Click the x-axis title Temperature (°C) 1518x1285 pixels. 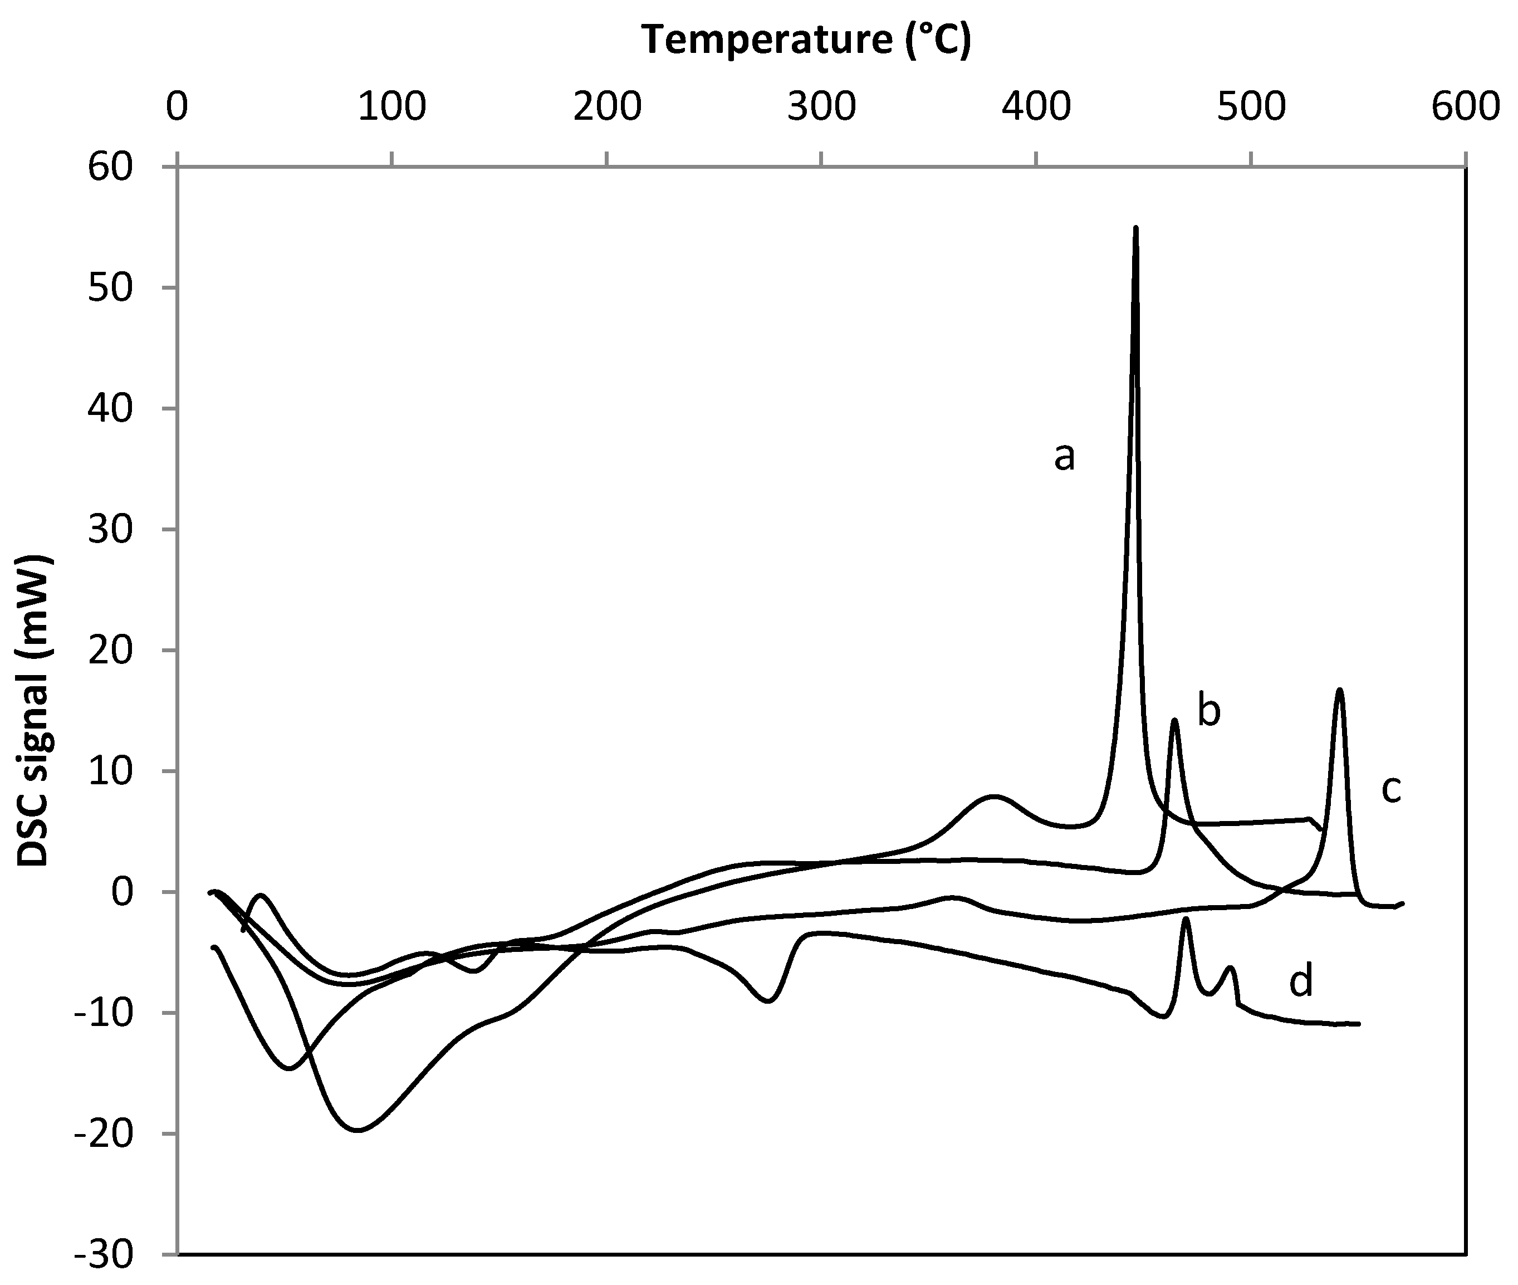[x=806, y=40]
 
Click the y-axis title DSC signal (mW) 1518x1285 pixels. [x=33, y=710]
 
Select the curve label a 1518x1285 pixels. [x=1064, y=457]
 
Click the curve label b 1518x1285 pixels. [x=1209, y=711]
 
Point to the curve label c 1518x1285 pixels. [x=1391, y=789]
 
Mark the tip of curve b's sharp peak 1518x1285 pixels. [x=1174, y=720]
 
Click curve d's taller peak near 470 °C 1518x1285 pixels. [x=1187, y=918]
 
